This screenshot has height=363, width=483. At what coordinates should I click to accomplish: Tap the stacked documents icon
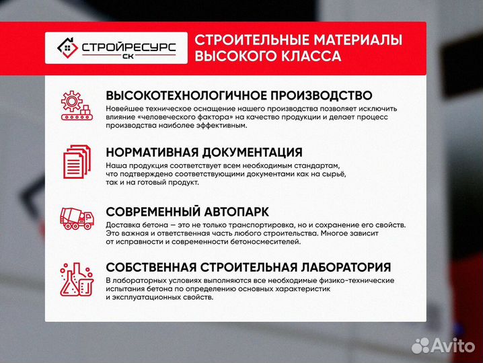coord(75,161)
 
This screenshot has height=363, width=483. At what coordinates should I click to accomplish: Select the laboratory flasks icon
coord(75,278)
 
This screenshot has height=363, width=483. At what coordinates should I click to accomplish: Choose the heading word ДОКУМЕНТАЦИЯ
coord(255,152)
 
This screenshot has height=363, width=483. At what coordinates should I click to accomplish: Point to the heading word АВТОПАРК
coord(250,209)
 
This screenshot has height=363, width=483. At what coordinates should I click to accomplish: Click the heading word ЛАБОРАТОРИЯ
coord(334,267)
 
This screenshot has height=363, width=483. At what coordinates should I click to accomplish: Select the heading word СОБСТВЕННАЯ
coord(153,267)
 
